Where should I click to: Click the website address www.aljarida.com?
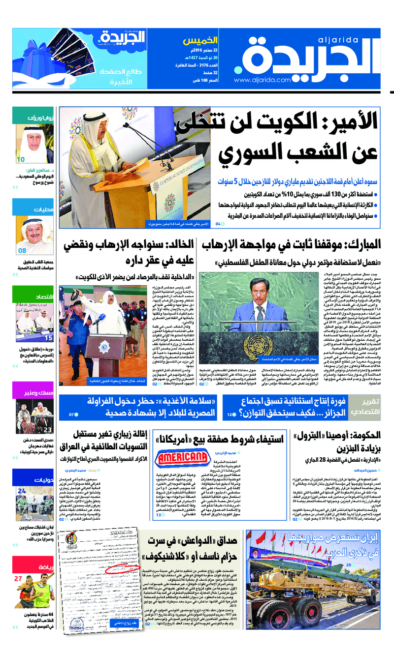tap(263, 80)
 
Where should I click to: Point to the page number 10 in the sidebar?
tap(21, 159)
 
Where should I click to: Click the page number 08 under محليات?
tap(22, 251)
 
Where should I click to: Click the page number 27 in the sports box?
tap(18, 579)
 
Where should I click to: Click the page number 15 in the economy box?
tap(48, 338)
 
